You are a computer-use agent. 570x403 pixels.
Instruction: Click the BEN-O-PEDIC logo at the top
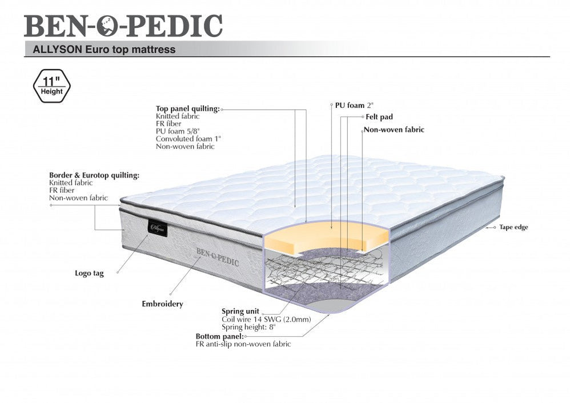[x=123, y=26]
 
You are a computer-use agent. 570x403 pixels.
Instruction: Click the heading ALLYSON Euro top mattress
[x=100, y=50]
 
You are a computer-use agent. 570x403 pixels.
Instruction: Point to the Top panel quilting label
[x=187, y=108]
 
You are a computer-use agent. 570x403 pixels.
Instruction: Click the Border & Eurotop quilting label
[x=94, y=175]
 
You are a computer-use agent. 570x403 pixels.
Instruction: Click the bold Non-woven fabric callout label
[x=394, y=130]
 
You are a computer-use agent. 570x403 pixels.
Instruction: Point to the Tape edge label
[x=513, y=227]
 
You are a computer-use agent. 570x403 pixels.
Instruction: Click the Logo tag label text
[x=89, y=273]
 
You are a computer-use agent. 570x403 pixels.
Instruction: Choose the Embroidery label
[x=162, y=304]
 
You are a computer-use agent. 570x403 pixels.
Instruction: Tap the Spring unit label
[x=240, y=311]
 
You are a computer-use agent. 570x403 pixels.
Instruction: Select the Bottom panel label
[x=220, y=336]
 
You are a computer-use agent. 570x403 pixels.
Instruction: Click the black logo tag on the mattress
[x=158, y=227]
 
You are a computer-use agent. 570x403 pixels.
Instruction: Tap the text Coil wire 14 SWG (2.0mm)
[x=266, y=319]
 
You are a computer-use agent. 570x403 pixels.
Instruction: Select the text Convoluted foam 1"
[x=188, y=139]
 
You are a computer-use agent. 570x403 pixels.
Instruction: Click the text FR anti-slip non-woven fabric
[x=243, y=344]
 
